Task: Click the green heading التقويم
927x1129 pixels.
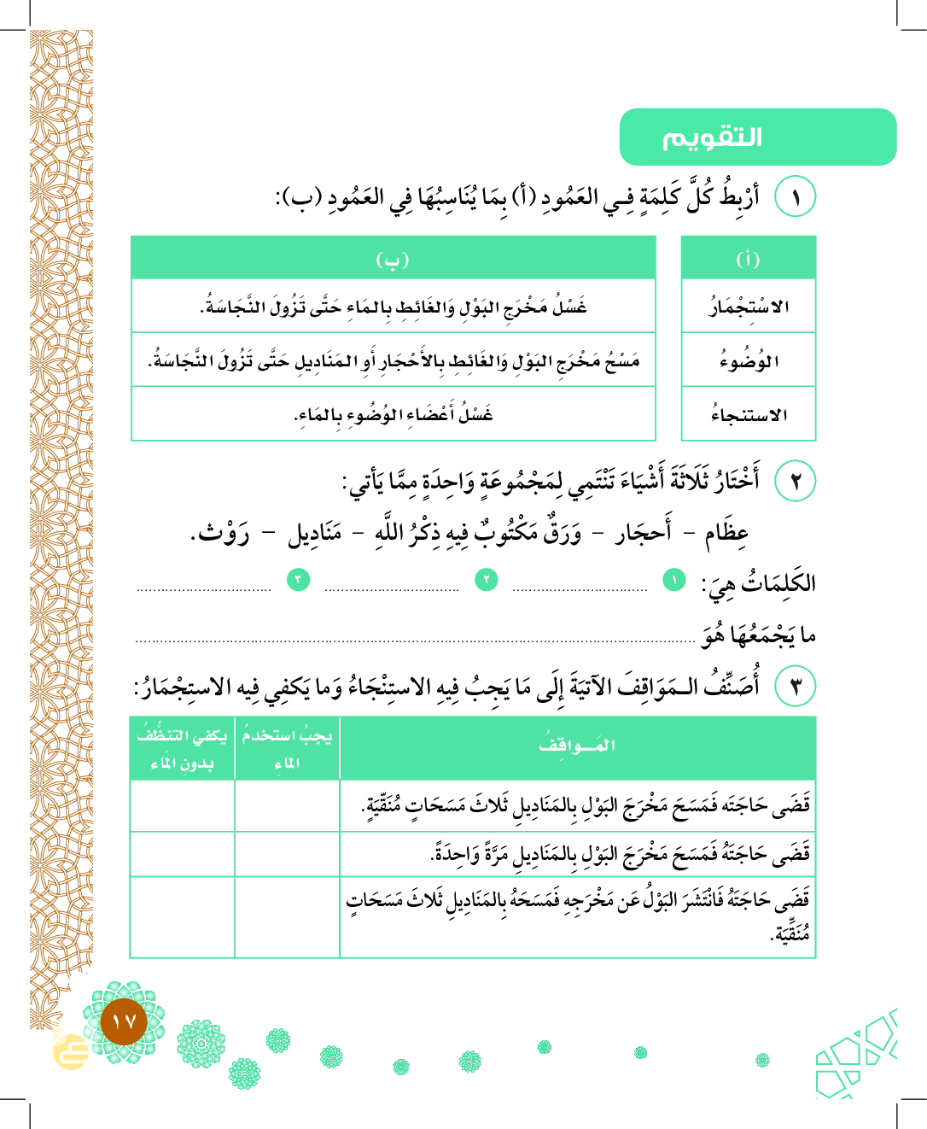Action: tap(712, 137)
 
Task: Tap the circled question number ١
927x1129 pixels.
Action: tap(795, 197)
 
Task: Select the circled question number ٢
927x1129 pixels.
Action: tap(795, 481)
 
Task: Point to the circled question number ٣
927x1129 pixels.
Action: tap(795, 686)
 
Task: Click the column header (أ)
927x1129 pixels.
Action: tap(748, 259)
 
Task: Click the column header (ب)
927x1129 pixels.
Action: tap(393, 259)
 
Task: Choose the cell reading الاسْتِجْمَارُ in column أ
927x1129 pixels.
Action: tap(749, 307)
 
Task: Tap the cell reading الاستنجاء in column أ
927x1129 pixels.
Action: tap(749, 415)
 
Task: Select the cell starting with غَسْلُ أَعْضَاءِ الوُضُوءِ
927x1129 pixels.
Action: tap(394, 415)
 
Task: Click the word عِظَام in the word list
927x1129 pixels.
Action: tap(726, 533)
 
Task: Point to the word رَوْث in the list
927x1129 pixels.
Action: tap(221, 534)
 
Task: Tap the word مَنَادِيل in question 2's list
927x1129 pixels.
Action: tap(314, 534)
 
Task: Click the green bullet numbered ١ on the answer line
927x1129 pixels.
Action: tap(674, 581)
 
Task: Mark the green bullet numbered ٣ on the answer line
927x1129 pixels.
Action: tap(298, 581)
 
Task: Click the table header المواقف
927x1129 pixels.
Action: tap(577, 746)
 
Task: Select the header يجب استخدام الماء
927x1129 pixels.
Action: tap(287, 748)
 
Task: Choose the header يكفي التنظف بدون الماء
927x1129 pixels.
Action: tap(182, 748)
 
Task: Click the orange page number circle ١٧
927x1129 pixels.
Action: tap(124, 1021)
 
